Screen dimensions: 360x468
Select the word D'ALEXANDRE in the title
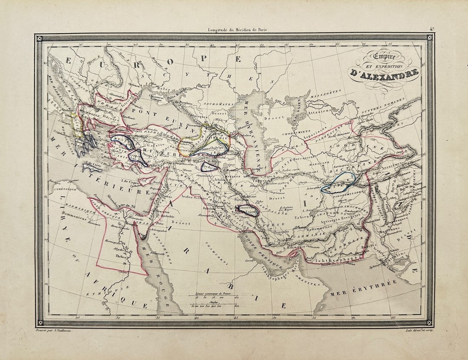pyautogui.click(x=383, y=73)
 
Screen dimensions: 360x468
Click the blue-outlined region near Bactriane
pyautogui.click(x=338, y=183)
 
